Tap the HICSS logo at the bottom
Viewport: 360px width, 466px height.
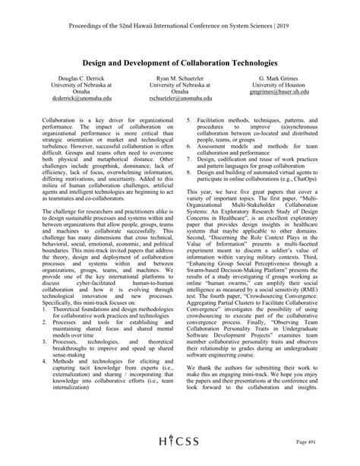[x=180, y=444]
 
